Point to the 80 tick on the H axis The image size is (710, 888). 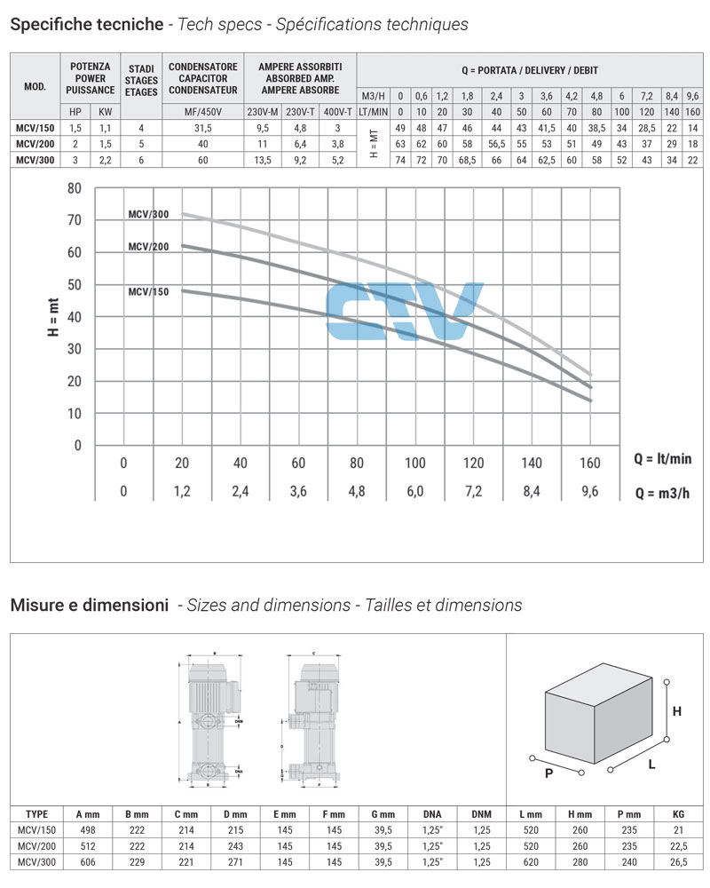point(75,188)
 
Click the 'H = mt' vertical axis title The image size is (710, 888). point(52,317)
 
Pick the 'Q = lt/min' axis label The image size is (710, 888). point(662,459)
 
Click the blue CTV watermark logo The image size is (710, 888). point(405,312)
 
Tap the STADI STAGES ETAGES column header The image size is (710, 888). point(142,80)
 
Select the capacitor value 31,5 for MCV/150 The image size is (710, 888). point(203,128)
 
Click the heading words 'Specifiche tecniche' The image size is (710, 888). point(86,24)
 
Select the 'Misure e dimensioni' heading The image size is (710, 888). point(89,606)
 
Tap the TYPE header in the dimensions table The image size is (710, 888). point(37,813)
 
